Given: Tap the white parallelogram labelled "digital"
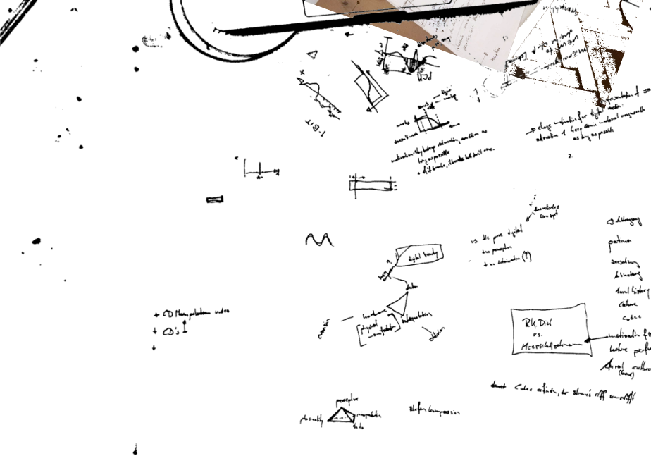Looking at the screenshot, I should tap(419, 256).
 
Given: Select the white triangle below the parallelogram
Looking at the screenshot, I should tap(399, 304).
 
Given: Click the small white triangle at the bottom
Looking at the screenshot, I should tap(343, 416).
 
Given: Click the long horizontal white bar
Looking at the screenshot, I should tap(371, 185).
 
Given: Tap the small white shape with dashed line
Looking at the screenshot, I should tap(425, 124).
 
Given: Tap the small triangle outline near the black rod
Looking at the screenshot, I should tap(313, 54).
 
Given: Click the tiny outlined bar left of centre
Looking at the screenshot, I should tap(215, 199).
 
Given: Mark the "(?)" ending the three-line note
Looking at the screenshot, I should tap(527, 259).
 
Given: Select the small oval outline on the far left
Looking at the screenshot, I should tap(36, 240).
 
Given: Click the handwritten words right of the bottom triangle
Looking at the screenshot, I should tap(434, 410).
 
